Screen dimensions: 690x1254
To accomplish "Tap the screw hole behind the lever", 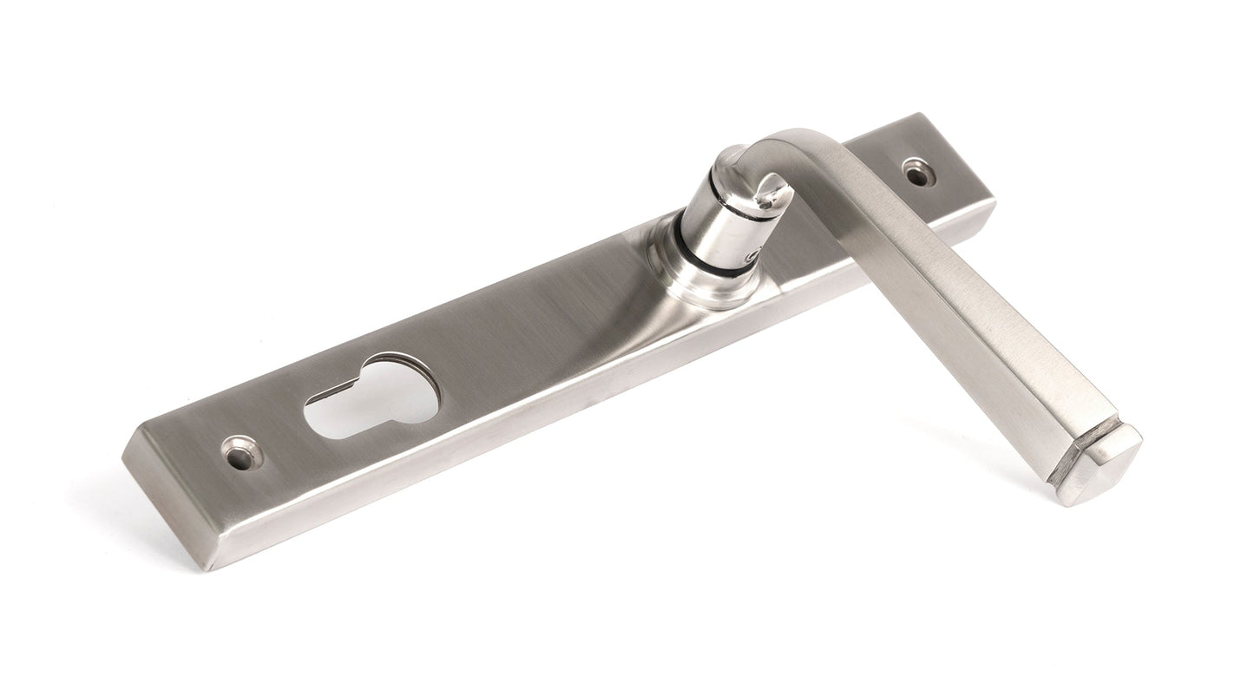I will coord(916,172).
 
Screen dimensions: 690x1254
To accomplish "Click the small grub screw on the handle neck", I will coord(752,256).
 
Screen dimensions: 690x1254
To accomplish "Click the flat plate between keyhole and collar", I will coord(538,330).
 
